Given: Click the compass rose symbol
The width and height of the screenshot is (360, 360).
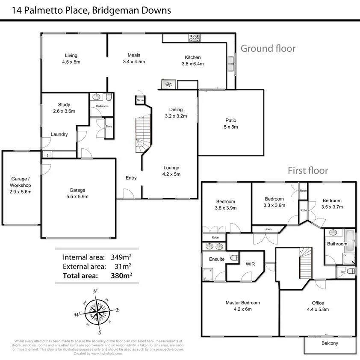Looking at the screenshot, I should [x=97, y=313].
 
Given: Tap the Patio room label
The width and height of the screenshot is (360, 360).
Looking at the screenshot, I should [x=231, y=121].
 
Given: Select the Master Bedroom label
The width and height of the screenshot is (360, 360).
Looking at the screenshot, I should [x=242, y=303].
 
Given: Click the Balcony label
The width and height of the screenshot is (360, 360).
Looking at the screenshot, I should [x=329, y=343].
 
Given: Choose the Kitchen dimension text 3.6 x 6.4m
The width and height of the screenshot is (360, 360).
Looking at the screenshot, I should [x=192, y=64].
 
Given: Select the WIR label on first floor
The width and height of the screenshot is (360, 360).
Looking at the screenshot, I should [x=250, y=264].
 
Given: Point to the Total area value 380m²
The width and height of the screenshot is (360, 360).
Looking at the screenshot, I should [x=121, y=276].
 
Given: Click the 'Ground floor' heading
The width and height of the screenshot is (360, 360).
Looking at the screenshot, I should [x=268, y=48].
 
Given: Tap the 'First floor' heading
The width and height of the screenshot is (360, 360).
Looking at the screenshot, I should [x=308, y=171].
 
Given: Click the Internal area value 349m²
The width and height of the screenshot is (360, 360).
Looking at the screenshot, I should [x=121, y=257].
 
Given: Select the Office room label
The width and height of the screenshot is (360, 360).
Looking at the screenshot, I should [x=318, y=303].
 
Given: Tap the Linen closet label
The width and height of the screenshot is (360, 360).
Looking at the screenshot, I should [x=268, y=230].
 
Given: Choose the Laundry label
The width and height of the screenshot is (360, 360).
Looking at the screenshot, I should [x=59, y=134].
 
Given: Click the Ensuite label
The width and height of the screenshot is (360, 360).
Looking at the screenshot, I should [x=217, y=259].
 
